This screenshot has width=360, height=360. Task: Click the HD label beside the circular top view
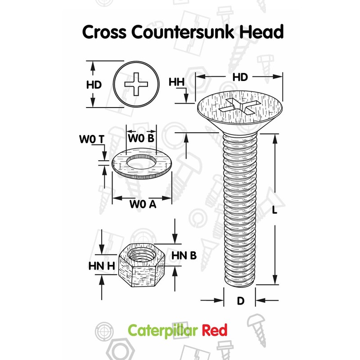click(x=94, y=85)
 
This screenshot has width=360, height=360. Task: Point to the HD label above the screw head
click(x=240, y=77)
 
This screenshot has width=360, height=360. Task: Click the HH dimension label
click(x=177, y=82)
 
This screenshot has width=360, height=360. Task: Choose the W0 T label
click(x=92, y=139)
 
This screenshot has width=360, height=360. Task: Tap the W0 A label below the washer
click(x=143, y=204)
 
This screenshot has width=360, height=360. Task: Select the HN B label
click(x=184, y=256)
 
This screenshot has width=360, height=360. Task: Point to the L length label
click(x=274, y=210)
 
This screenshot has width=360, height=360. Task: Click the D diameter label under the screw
click(x=240, y=301)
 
